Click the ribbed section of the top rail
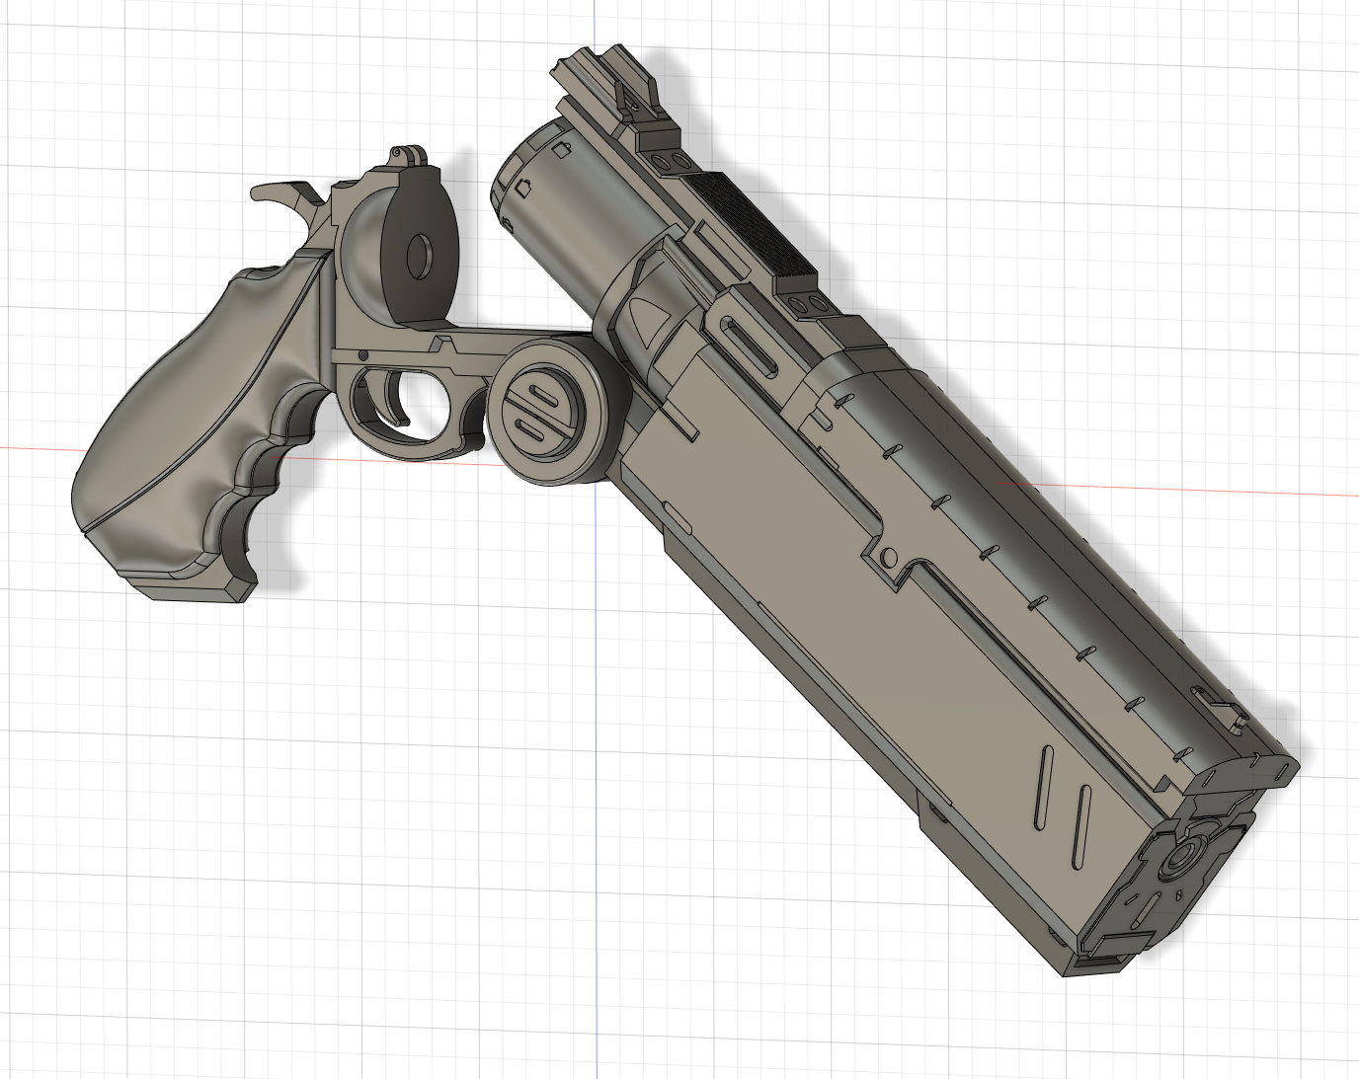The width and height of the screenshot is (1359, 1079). (751, 227)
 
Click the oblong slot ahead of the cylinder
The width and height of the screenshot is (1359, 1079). (751, 346)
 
